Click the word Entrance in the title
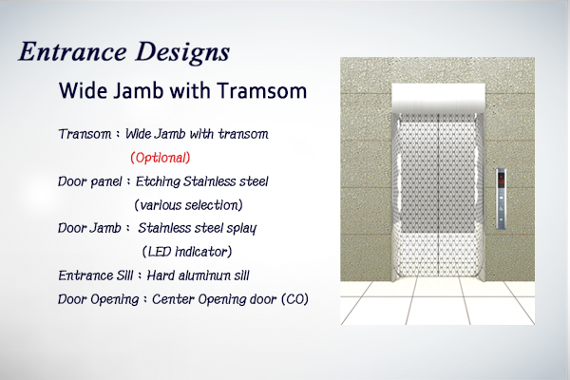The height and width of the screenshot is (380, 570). [73, 51]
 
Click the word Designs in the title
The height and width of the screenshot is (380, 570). [182, 53]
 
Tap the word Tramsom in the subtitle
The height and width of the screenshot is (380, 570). [262, 90]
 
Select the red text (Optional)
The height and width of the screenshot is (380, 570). [161, 158]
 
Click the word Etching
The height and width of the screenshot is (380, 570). [158, 181]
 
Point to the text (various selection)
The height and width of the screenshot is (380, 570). [188, 205]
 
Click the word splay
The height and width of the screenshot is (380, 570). [241, 229]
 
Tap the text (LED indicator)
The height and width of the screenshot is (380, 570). [187, 252]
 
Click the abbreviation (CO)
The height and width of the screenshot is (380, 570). [294, 299]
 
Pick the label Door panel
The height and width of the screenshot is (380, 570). [90, 181]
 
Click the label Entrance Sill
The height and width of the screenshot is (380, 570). [96, 275]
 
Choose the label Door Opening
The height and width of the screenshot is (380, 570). [99, 299]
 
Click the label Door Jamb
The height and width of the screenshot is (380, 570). [89, 228]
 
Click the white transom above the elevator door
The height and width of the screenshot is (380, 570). [438, 98]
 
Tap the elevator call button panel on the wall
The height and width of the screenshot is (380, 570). [502, 199]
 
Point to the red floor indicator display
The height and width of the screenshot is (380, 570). [502, 180]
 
